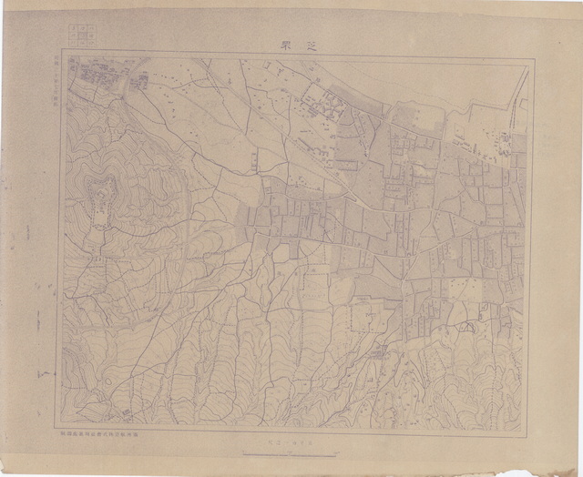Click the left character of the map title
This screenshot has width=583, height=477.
click(281, 43)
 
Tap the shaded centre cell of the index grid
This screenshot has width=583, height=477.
click(77, 36)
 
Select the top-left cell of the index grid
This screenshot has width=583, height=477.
click(69, 29)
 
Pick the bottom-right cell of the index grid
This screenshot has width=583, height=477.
click(86, 43)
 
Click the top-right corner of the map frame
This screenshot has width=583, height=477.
click(530, 59)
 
